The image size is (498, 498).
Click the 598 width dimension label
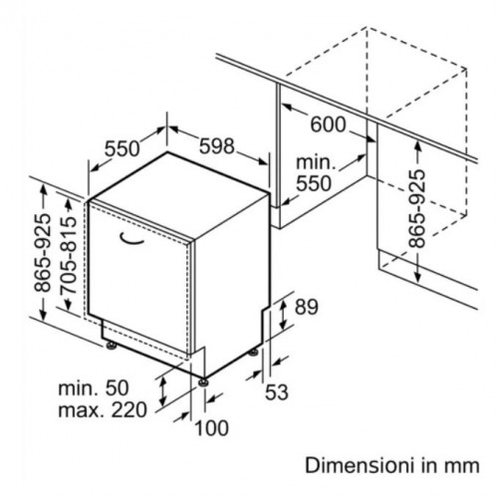coord(217,146)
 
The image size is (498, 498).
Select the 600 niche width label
coord(328,124)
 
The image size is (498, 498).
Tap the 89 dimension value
coord(307,307)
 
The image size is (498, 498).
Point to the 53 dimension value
coord(277,392)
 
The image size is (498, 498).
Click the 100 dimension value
coord(211,428)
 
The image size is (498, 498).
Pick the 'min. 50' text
coord(94,387)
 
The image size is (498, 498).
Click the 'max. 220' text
coord(103,409)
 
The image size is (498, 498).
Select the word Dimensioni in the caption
coord(361,465)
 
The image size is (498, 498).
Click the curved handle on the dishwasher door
coord(131,239)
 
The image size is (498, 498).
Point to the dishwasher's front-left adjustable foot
coord(111,346)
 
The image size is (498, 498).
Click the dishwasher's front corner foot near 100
coord(203,382)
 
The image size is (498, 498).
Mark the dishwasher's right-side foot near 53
coord(254,353)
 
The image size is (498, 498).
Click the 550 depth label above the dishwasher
coord(123,148)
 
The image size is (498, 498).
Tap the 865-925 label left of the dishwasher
coord(43,253)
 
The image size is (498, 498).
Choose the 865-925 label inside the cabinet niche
coord(416,209)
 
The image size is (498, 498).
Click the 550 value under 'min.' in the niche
coord(314,183)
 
